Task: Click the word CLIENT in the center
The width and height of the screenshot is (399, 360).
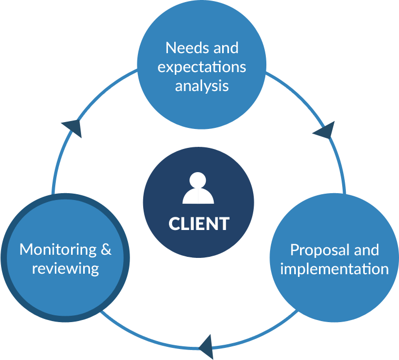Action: coord(198,223)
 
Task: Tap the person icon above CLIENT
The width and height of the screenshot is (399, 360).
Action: coord(198,188)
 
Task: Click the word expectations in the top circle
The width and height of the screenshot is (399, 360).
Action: coord(202,67)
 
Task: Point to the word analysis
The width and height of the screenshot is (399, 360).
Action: coord(202,85)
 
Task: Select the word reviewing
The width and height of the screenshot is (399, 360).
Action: coord(65,268)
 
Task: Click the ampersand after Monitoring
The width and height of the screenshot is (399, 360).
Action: coord(106,249)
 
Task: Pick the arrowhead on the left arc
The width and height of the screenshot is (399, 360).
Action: coord(73,127)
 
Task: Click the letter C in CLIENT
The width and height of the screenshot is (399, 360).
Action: coord(174,223)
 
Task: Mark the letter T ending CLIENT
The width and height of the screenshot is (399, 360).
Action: coord(224,223)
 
